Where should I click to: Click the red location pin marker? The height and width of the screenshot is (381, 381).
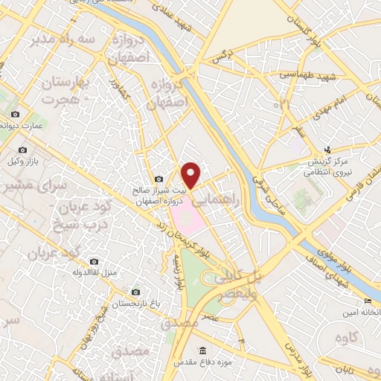tap(192, 175)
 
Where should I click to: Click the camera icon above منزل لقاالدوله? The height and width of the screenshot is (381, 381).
tap(95, 261)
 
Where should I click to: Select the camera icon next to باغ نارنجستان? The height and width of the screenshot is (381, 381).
tap(135, 292)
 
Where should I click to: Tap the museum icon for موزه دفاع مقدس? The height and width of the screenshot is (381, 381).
tap(202, 350)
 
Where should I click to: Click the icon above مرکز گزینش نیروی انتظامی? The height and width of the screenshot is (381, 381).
tap(329, 150)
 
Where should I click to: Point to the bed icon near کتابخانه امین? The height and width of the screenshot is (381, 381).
tap(368, 300)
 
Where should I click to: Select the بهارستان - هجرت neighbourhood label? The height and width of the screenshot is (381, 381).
tap(63, 89)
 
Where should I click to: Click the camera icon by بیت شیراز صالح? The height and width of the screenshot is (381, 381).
tap(159, 179)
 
